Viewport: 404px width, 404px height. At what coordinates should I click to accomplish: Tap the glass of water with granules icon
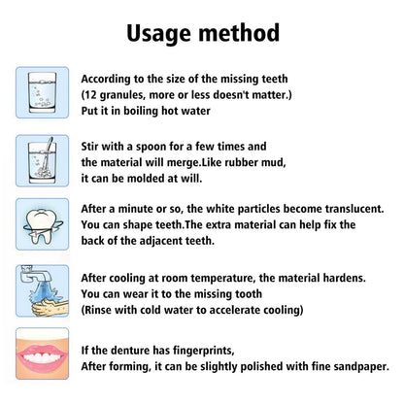pos(42,92)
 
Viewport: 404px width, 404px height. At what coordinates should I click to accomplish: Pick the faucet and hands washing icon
pos(42,288)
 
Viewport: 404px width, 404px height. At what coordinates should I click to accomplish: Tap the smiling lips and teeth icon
pos(42,353)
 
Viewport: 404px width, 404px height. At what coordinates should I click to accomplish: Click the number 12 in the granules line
pos(92,95)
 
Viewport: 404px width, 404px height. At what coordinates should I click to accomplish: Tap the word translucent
pos(347,209)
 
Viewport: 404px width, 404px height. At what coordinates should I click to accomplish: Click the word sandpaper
pos(354,366)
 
